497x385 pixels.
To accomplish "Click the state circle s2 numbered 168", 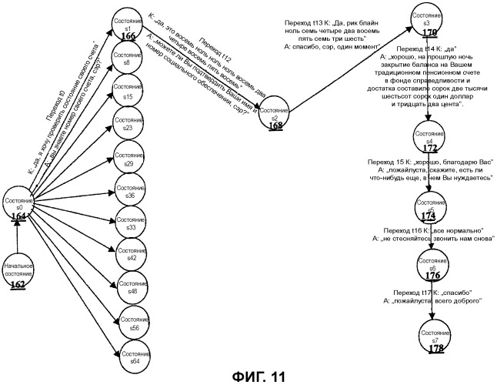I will coord(273,115).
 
